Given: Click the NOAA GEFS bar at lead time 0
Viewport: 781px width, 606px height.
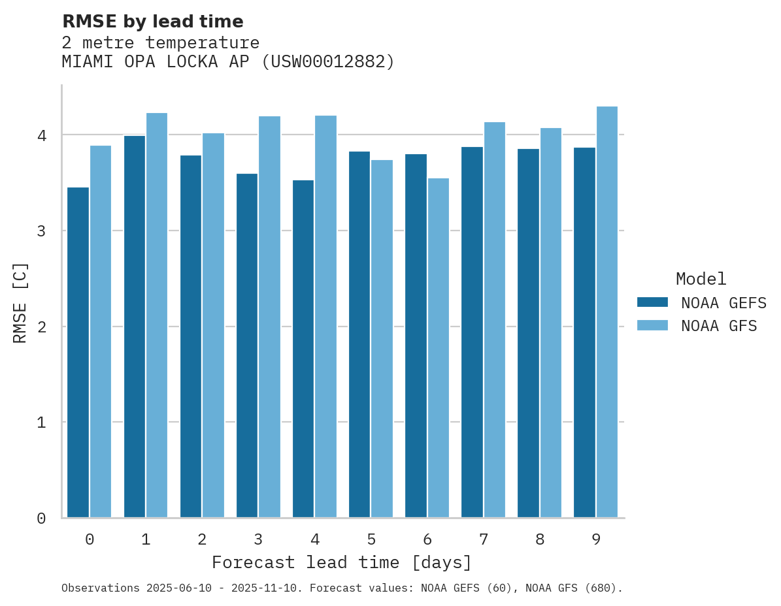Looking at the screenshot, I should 78,353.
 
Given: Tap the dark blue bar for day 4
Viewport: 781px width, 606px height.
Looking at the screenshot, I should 303,349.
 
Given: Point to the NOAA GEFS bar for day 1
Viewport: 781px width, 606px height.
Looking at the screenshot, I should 135,327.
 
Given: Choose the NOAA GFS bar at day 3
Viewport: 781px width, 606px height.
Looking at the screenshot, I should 269,317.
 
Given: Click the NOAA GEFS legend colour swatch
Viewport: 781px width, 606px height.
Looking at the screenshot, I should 652,302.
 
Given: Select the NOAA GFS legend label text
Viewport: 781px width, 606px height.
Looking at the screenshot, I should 719,326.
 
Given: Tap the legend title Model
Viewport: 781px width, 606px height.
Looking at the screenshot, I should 701,279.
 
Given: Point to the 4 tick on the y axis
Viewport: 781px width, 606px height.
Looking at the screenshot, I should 42,135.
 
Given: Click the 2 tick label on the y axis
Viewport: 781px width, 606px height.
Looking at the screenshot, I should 42,327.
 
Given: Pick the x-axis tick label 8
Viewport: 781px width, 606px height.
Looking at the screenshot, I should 540,540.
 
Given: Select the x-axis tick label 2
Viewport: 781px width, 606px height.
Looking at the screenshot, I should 202,540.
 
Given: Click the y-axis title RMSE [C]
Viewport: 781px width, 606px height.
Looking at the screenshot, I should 20,302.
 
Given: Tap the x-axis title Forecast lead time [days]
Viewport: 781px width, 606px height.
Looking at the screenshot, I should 341,562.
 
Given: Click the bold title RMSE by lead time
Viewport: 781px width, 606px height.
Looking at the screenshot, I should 152,22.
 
